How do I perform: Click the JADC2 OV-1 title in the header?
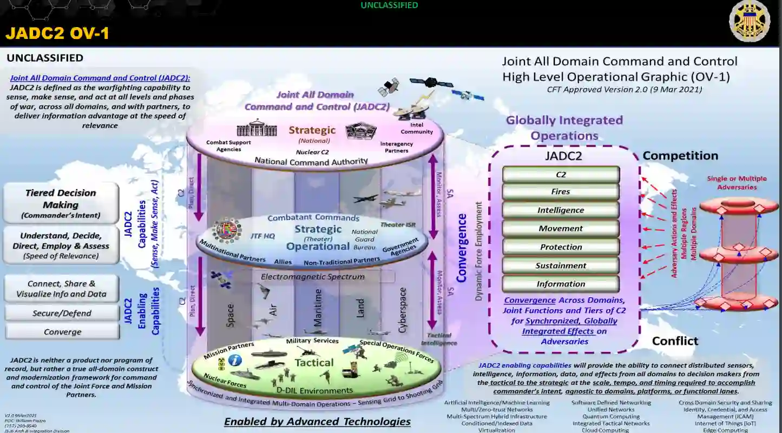coord(57,33)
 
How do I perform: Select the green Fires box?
coord(561,192)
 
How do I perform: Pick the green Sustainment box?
coord(561,265)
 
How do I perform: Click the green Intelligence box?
coord(561,210)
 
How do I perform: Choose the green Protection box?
coord(561,247)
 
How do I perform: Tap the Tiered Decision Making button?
coord(61,203)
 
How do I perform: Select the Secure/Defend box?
coord(62,313)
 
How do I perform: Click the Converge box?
coord(62,332)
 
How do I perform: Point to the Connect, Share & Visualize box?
coord(61,289)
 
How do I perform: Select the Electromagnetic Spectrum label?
coord(312,277)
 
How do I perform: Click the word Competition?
coord(680,156)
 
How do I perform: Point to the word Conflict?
coord(675,341)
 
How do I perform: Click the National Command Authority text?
coord(311,161)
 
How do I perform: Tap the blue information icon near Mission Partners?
coord(234,360)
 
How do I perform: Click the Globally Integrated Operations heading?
coord(564,128)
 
